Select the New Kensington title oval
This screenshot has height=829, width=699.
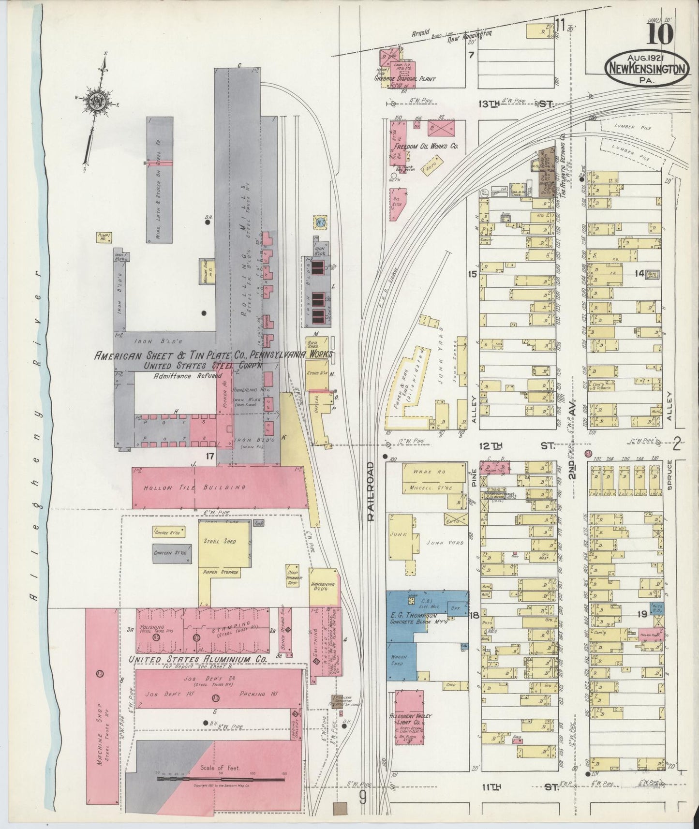click(646, 68)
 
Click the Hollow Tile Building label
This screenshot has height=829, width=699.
click(194, 488)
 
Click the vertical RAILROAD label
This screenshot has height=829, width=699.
click(372, 490)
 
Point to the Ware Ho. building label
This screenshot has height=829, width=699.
click(426, 471)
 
